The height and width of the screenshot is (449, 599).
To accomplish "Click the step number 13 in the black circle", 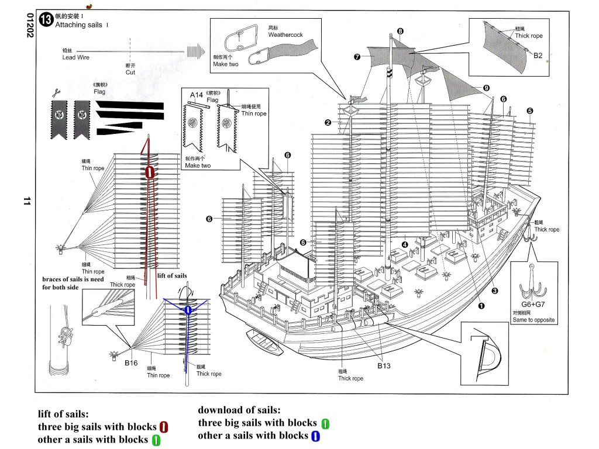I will click(46, 19).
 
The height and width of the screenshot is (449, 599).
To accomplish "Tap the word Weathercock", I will click(285, 35).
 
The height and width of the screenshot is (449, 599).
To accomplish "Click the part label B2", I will click(538, 56).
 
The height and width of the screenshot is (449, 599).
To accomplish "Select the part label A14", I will click(196, 95).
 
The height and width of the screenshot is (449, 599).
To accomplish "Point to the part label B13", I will click(384, 366).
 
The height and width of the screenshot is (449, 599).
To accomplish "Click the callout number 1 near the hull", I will click(482, 305).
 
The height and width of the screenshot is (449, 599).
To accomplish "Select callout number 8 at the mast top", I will click(400, 31).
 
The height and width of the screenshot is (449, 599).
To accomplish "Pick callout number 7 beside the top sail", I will click(357, 57).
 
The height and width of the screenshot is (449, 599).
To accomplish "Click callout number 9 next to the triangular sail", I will click(486, 88).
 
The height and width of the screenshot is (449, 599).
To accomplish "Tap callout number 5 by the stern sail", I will click(529, 110).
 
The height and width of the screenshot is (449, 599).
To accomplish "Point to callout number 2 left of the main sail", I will click(328, 123).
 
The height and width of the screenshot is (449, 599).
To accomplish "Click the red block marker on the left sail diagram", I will click(150, 172).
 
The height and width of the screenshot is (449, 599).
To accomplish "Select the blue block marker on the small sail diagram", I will click(188, 310).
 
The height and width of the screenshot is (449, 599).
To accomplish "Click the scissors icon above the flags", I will click(56, 92).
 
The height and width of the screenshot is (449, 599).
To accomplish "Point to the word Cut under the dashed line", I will click(130, 72).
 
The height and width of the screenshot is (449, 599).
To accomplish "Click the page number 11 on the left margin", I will click(26, 201).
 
